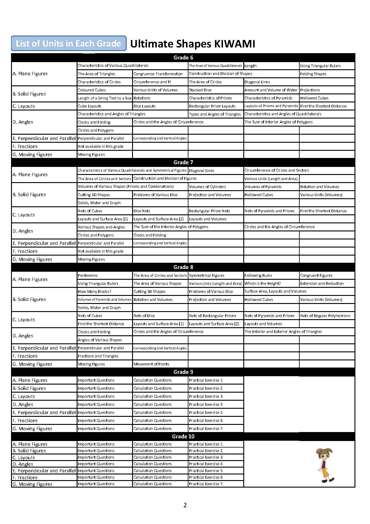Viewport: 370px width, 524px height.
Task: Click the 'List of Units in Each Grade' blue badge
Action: click(x=69, y=44)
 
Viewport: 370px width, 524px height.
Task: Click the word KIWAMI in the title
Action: click(x=234, y=44)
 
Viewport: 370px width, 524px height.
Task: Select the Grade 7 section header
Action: click(x=183, y=162)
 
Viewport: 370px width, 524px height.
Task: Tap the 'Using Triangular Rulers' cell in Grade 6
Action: click(x=320, y=66)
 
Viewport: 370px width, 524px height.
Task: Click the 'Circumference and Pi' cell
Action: click(x=152, y=82)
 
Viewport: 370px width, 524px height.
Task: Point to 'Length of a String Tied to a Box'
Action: click(x=104, y=98)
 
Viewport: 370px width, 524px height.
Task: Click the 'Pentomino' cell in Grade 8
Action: click(x=88, y=275)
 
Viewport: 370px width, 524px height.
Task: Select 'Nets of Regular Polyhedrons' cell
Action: click(x=325, y=316)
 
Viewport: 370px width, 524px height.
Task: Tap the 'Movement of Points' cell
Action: click(x=151, y=364)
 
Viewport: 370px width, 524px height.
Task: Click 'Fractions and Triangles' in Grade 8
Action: click(x=98, y=356)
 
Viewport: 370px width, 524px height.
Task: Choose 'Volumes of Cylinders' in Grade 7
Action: click(x=208, y=187)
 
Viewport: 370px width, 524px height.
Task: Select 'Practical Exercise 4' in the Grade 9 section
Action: click(x=206, y=404)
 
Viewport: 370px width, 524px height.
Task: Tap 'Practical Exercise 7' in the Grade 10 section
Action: click(x=206, y=484)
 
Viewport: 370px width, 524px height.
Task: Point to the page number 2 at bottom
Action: click(x=185, y=505)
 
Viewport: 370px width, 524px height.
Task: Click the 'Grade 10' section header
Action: click(x=183, y=437)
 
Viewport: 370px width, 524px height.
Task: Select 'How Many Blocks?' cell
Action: click(x=95, y=291)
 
